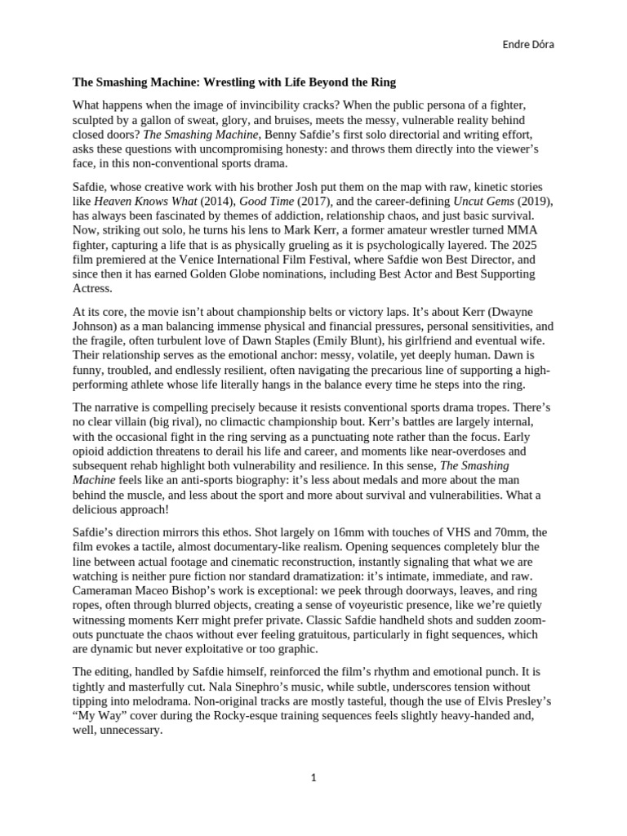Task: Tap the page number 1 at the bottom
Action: pyautogui.click(x=313, y=778)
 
